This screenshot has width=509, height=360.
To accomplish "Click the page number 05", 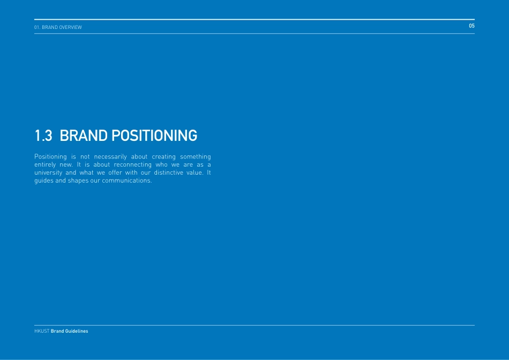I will [471, 26].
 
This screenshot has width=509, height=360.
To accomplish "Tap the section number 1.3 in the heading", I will [43, 136].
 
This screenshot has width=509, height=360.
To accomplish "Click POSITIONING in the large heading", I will [154, 136].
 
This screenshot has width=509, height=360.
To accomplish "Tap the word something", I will [196, 156].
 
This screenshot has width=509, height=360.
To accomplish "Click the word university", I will [48, 172].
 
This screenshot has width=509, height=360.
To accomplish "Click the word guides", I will [43, 181].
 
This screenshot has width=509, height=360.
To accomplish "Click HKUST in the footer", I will [41, 331].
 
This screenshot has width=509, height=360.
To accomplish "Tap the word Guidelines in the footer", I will [77, 331].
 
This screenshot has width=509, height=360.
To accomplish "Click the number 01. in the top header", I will [38, 27].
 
